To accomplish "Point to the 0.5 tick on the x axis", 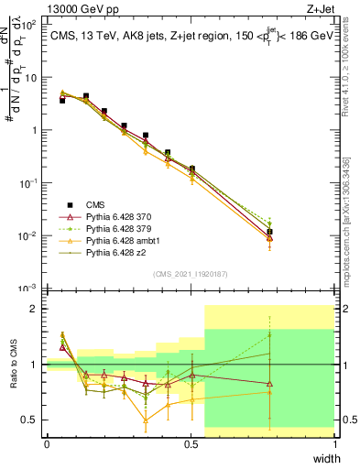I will (x=191, y=444).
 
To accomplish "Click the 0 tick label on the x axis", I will (x=47, y=444).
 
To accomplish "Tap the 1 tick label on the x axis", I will (x=335, y=444).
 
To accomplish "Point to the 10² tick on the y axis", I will (x=30, y=23).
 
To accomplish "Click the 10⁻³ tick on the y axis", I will (x=30, y=288).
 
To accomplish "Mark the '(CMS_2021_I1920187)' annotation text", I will (x=190, y=273).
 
